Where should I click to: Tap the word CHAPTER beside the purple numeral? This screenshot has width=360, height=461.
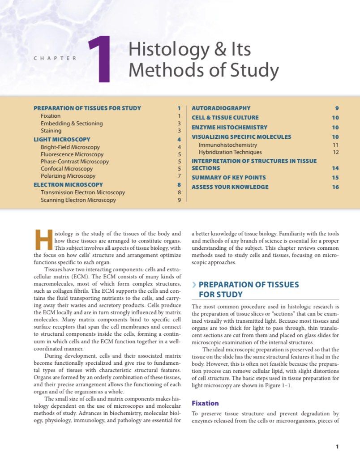click(x=55, y=58)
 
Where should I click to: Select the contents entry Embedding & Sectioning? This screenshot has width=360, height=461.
click(x=72, y=123)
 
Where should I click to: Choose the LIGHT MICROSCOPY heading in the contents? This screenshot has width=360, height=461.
click(x=62, y=139)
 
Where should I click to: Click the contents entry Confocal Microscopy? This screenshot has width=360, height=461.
click(x=67, y=169)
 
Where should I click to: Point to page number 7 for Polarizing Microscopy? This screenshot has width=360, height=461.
click(x=179, y=176)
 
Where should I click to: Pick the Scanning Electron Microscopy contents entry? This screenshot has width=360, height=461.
click(x=78, y=200)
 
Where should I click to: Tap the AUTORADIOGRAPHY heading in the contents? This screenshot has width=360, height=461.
click(x=221, y=108)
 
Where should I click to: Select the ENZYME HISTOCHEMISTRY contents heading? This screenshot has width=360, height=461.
click(x=229, y=128)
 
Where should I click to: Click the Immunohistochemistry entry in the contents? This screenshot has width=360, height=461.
click(x=228, y=145)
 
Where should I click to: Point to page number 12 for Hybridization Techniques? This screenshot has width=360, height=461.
click(x=336, y=152)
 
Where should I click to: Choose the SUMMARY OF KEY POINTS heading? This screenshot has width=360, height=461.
click(x=229, y=178)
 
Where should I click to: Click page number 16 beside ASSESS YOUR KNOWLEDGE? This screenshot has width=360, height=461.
click(x=335, y=187)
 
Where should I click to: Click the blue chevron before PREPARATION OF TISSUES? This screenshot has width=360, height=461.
click(x=193, y=285)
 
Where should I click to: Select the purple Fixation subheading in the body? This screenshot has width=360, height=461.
click(x=205, y=403)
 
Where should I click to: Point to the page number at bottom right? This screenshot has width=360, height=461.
click(x=337, y=446)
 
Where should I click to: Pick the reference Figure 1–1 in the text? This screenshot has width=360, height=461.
click(x=276, y=385)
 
